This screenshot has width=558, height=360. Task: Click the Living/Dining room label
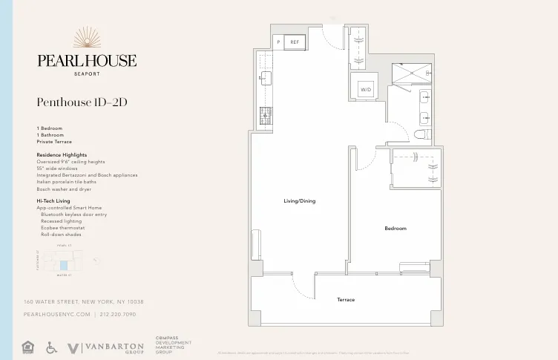[300, 201]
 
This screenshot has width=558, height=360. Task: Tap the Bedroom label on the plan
[395, 229]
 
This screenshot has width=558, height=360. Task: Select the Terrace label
[346, 300]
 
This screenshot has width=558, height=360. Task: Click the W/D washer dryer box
[366, 90]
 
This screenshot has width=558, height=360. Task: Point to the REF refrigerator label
[295, 42]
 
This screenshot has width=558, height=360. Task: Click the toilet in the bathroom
[421, 134]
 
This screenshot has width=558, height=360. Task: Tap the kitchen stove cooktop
[266, 115]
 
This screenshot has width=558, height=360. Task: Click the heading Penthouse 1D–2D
[82, 102]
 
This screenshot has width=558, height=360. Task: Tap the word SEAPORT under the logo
[87, 73]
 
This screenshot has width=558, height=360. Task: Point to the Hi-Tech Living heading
[53, 201]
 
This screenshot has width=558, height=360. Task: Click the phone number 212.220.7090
[118, 315]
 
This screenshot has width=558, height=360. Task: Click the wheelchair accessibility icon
[51, 347]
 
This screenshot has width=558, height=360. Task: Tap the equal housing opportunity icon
[29, 347]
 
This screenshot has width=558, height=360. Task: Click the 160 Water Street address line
[83, 302]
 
